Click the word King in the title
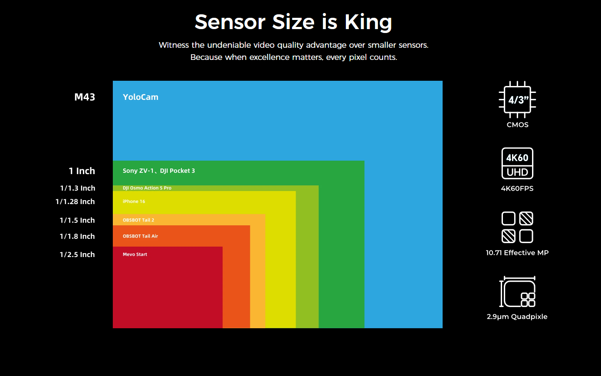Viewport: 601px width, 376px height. point(368,22)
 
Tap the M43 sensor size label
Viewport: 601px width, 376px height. point(85,97)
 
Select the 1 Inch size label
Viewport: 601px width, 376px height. point(82,171)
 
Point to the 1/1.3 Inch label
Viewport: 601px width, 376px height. point(78,188)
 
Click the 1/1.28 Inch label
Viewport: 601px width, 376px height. point(75,201)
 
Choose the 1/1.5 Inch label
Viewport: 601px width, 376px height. point(77,220)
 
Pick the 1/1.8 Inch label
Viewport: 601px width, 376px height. point(77,236)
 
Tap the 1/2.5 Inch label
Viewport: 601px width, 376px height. point(77,254)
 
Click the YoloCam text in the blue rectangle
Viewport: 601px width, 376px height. point(141,97)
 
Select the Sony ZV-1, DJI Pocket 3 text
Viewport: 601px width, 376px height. point(159,171)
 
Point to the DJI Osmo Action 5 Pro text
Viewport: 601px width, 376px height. point(147,188)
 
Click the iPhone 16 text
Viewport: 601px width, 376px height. point(134,201)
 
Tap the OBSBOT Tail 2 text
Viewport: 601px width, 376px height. point(138,220)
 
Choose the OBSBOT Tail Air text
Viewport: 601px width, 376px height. point(140,236)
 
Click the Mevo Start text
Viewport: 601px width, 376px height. point(135,254)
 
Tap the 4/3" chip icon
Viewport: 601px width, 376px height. point(519,100)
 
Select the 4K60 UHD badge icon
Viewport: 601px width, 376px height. point(517,164)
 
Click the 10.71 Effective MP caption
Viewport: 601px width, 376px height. point(517,253)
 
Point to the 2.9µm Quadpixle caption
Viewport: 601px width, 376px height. point(517,317)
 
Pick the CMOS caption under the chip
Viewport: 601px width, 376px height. point(518,125)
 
